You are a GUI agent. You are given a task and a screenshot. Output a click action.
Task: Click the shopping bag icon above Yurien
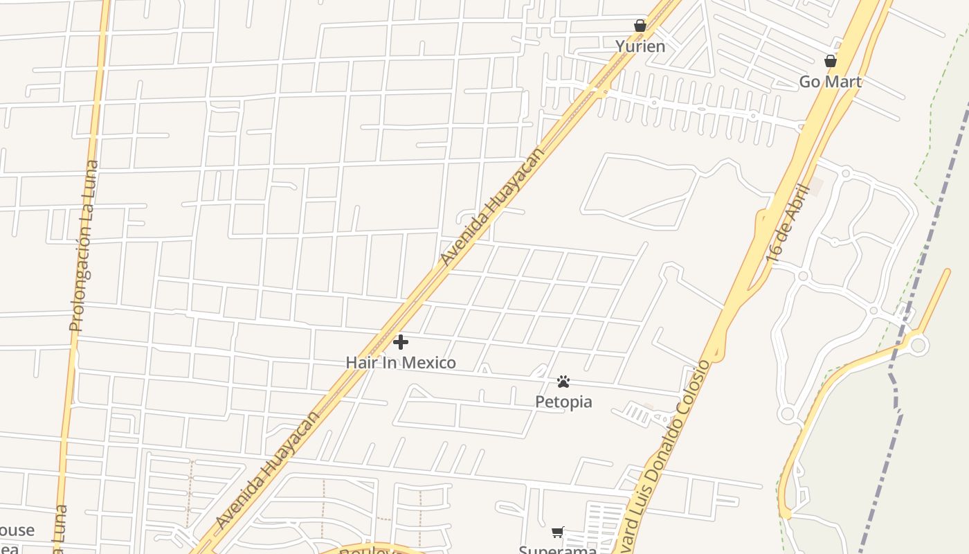tap(640, 26)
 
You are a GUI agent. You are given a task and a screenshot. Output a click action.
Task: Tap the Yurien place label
tap(640, 46)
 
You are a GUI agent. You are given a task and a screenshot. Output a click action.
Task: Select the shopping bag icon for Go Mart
tap(831, 61)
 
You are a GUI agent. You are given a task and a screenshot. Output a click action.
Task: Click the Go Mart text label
tap(831, 82)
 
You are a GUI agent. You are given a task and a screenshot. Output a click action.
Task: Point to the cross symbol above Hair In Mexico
tap(400, 342)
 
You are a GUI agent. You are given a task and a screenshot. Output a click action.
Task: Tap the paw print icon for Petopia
tap(563, 382)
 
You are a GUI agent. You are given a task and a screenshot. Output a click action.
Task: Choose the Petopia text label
tap(563, 402)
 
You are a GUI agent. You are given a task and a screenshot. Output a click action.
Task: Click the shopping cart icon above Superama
tap(558, 532)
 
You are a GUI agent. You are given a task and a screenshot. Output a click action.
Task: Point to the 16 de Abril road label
tap(788, 223)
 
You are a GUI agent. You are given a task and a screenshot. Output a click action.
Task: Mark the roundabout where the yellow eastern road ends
tap(918, 344)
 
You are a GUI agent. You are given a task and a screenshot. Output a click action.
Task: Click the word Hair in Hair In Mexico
tap(361, 362)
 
